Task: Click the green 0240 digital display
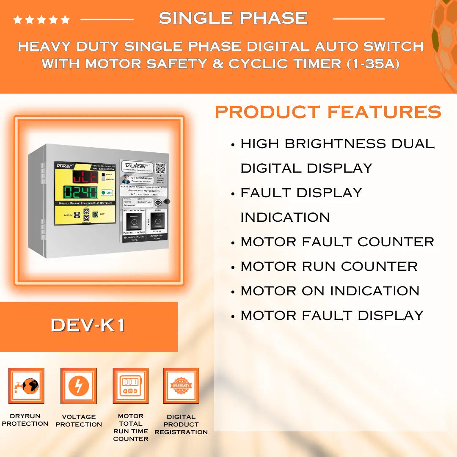80,193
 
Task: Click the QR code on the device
160,168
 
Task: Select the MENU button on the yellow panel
77,215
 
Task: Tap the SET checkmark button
95,214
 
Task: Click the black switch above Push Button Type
134,220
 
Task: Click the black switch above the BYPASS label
157,220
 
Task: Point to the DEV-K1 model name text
88,325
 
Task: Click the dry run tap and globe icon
26,385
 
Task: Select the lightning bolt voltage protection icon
79,385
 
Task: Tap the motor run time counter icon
130,385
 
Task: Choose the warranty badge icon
181,385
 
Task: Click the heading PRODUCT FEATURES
328,112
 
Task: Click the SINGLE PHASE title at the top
233,18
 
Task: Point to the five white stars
41,19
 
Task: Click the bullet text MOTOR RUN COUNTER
329,267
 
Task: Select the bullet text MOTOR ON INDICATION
330,291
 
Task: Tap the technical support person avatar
126,179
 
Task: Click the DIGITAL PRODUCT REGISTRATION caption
181,424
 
